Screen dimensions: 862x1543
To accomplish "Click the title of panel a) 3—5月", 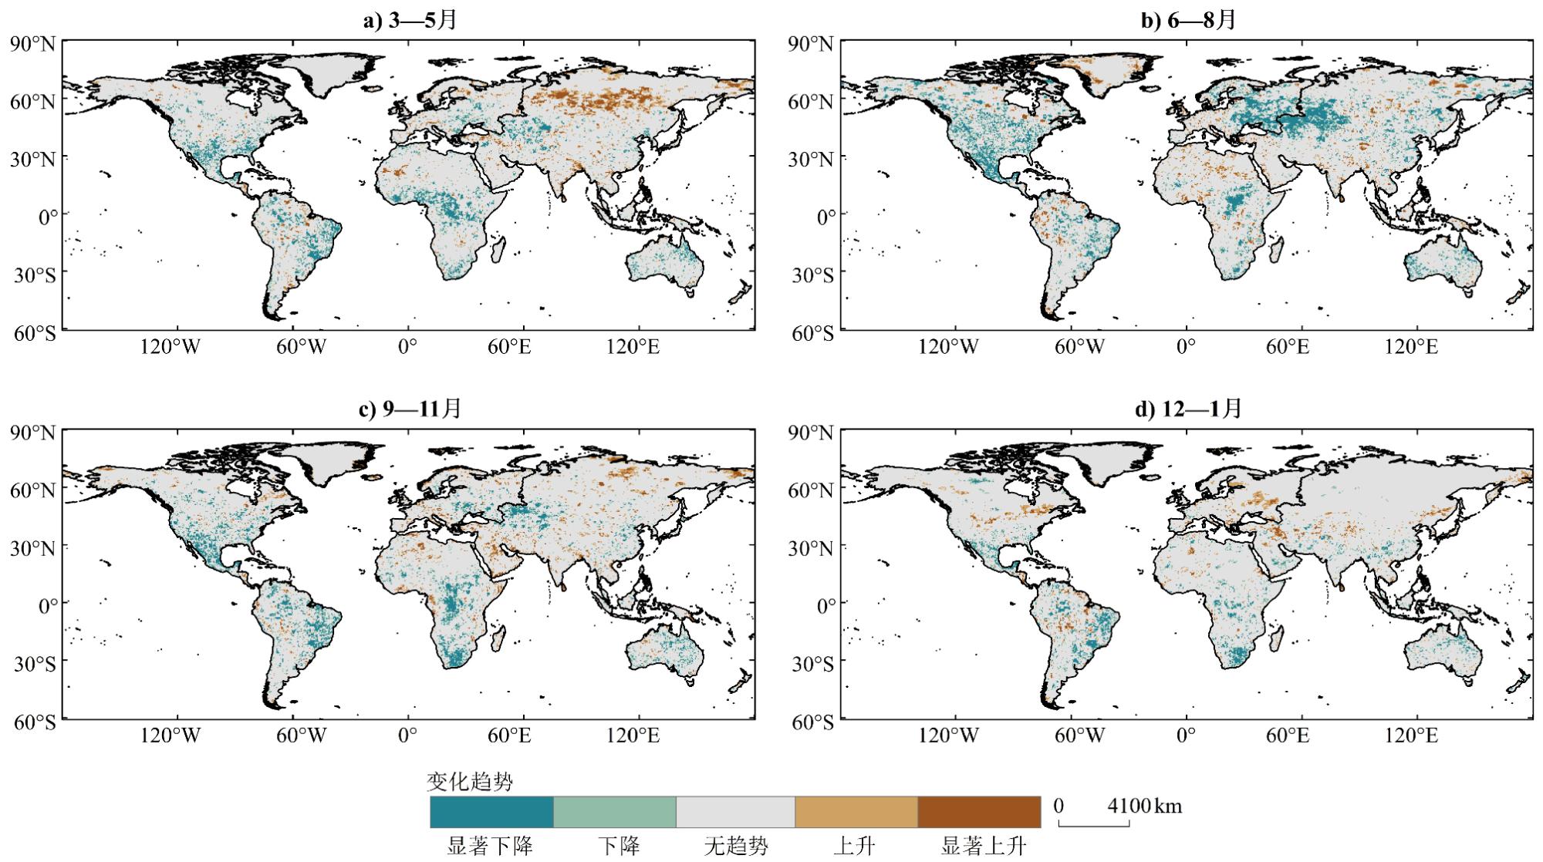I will [410, 20].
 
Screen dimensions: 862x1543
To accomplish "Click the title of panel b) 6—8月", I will [1188, 20].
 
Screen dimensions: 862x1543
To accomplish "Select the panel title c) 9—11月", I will [410, 409].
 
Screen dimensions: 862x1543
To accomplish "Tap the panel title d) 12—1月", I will [1188, 409].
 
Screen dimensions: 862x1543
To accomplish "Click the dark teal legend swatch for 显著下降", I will [491, 812].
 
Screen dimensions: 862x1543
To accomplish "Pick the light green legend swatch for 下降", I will [615, 812].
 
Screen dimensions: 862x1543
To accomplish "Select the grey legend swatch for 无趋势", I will [735, 812].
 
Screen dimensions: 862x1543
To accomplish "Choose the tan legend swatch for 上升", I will [856, 812].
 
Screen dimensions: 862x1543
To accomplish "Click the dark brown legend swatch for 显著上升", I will [979, 812].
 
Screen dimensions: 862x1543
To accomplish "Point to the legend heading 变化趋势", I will [469, 783].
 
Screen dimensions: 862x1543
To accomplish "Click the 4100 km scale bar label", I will [1144, 806].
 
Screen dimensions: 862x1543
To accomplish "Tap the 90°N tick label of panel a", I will [32, 44].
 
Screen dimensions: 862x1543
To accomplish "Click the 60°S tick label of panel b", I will [811, 334].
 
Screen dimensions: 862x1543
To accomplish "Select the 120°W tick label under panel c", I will [170, 736].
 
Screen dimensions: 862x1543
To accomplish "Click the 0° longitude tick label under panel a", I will [407, 347].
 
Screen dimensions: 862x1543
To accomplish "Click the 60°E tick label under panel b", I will [1287, 347].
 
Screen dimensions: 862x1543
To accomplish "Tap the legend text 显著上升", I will [983, 847].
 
